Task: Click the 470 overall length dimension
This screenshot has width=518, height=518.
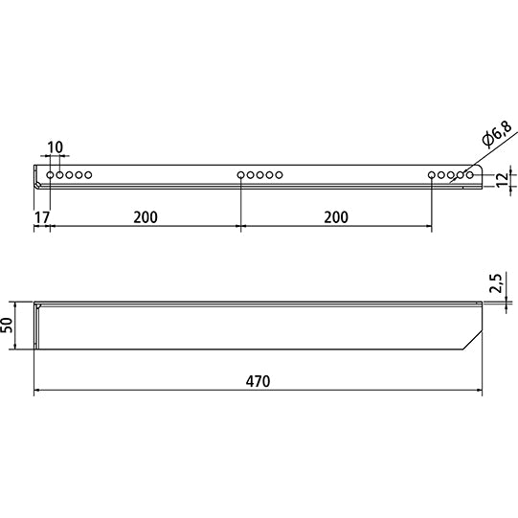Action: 258,381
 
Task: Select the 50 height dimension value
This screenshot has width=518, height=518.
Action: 10,326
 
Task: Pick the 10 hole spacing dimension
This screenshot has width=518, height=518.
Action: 55,147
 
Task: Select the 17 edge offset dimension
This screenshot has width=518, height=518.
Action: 39,217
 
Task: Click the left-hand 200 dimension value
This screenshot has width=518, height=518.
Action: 145,217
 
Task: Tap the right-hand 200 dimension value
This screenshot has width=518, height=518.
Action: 336,217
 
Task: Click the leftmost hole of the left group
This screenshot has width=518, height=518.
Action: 50,175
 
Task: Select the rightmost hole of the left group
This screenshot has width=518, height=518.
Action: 88,175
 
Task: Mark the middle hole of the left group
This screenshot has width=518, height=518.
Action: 69,175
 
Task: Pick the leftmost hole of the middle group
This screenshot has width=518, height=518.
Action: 241,175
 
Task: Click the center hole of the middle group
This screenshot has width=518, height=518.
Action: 260,175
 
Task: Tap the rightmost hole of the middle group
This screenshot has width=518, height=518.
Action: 280,175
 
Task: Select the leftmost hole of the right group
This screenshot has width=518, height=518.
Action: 433,175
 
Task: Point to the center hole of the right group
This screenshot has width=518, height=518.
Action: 452,175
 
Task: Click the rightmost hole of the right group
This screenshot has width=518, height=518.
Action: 470,175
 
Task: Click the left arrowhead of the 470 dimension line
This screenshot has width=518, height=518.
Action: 38,391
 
